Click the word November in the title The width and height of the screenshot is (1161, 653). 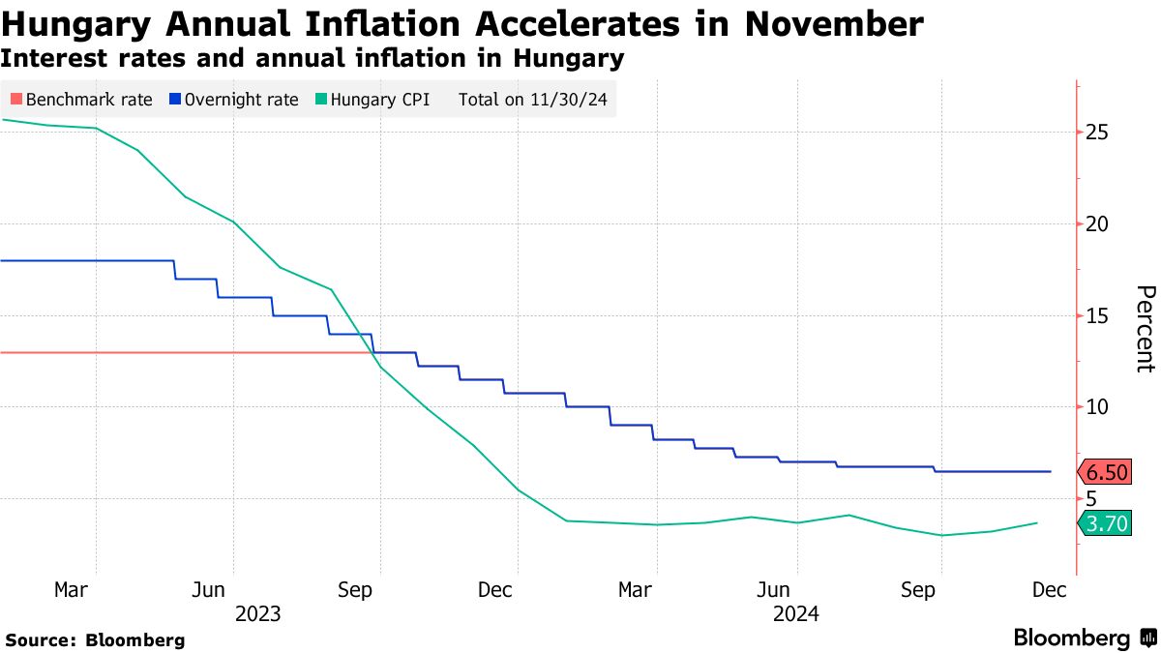(823, 24)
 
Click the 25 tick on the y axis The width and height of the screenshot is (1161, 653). (1098, 132)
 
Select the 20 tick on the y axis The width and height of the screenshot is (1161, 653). (1098, 223)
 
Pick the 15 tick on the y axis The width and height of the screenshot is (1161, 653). (1098, 315)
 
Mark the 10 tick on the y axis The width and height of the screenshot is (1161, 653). (1098, 406)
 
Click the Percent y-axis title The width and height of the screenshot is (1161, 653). (1145, 329)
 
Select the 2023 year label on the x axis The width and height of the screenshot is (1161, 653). (257, 613)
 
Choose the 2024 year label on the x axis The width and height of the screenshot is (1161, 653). (796, 613)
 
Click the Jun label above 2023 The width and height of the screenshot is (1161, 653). (209, 589)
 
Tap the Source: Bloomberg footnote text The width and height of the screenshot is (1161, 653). (95, 639)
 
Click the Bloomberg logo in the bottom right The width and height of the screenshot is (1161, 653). (1085, 638)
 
